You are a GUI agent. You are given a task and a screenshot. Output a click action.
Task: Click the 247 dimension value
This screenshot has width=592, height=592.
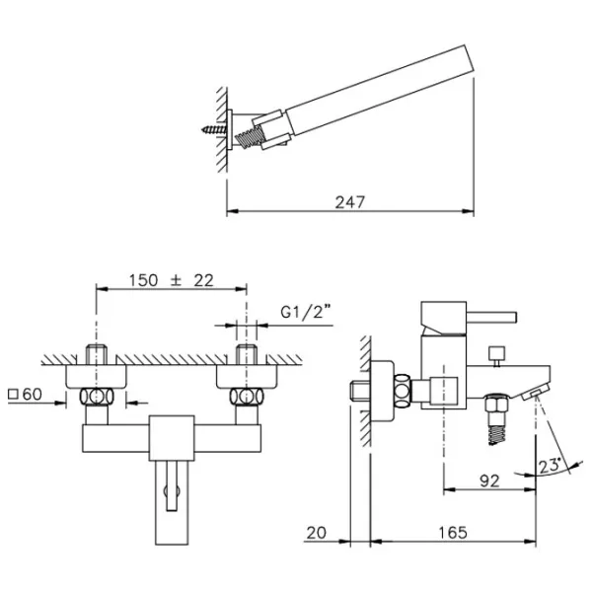click(350, 202)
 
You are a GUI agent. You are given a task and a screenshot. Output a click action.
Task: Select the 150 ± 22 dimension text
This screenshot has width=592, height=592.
click(172, 280)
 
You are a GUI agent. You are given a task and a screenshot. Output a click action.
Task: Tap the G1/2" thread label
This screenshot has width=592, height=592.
click(306, 312)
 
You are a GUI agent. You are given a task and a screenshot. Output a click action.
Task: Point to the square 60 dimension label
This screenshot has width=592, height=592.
click(25, 395)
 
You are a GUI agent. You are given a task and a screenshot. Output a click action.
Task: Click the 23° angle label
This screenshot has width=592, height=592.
click(550, 466)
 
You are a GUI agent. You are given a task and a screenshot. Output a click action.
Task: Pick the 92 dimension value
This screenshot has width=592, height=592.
click(489, 481)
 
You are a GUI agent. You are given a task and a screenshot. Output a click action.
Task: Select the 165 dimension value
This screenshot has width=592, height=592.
click(453, 533)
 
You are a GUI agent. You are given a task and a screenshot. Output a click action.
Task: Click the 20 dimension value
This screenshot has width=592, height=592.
click(317, 533)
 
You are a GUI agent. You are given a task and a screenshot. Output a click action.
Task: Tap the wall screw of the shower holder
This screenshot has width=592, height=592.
click(214, 130)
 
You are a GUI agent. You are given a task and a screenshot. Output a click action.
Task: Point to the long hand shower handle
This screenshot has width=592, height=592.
click(380, 90)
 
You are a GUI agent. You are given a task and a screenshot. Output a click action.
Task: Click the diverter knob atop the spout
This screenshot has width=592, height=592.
click(496, 355)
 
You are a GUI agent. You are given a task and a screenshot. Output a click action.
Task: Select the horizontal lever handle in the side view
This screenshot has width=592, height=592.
click(491, 318)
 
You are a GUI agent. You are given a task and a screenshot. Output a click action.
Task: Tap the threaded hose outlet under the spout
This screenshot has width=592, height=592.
click(496, 419)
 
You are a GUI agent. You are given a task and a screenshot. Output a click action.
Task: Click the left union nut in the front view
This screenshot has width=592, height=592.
click(97, 397)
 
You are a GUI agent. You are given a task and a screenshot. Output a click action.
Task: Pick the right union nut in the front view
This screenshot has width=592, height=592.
click(247, 397)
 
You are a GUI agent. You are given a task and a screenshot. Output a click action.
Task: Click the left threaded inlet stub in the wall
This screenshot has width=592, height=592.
click(97, 354)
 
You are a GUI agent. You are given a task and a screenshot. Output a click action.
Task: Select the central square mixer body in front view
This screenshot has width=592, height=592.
click(172, 438)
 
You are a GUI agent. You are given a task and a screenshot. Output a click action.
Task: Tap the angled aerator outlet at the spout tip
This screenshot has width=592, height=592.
click(536, 394)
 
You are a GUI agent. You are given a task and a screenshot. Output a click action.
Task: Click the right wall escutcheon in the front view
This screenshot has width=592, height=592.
click(247, 377)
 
